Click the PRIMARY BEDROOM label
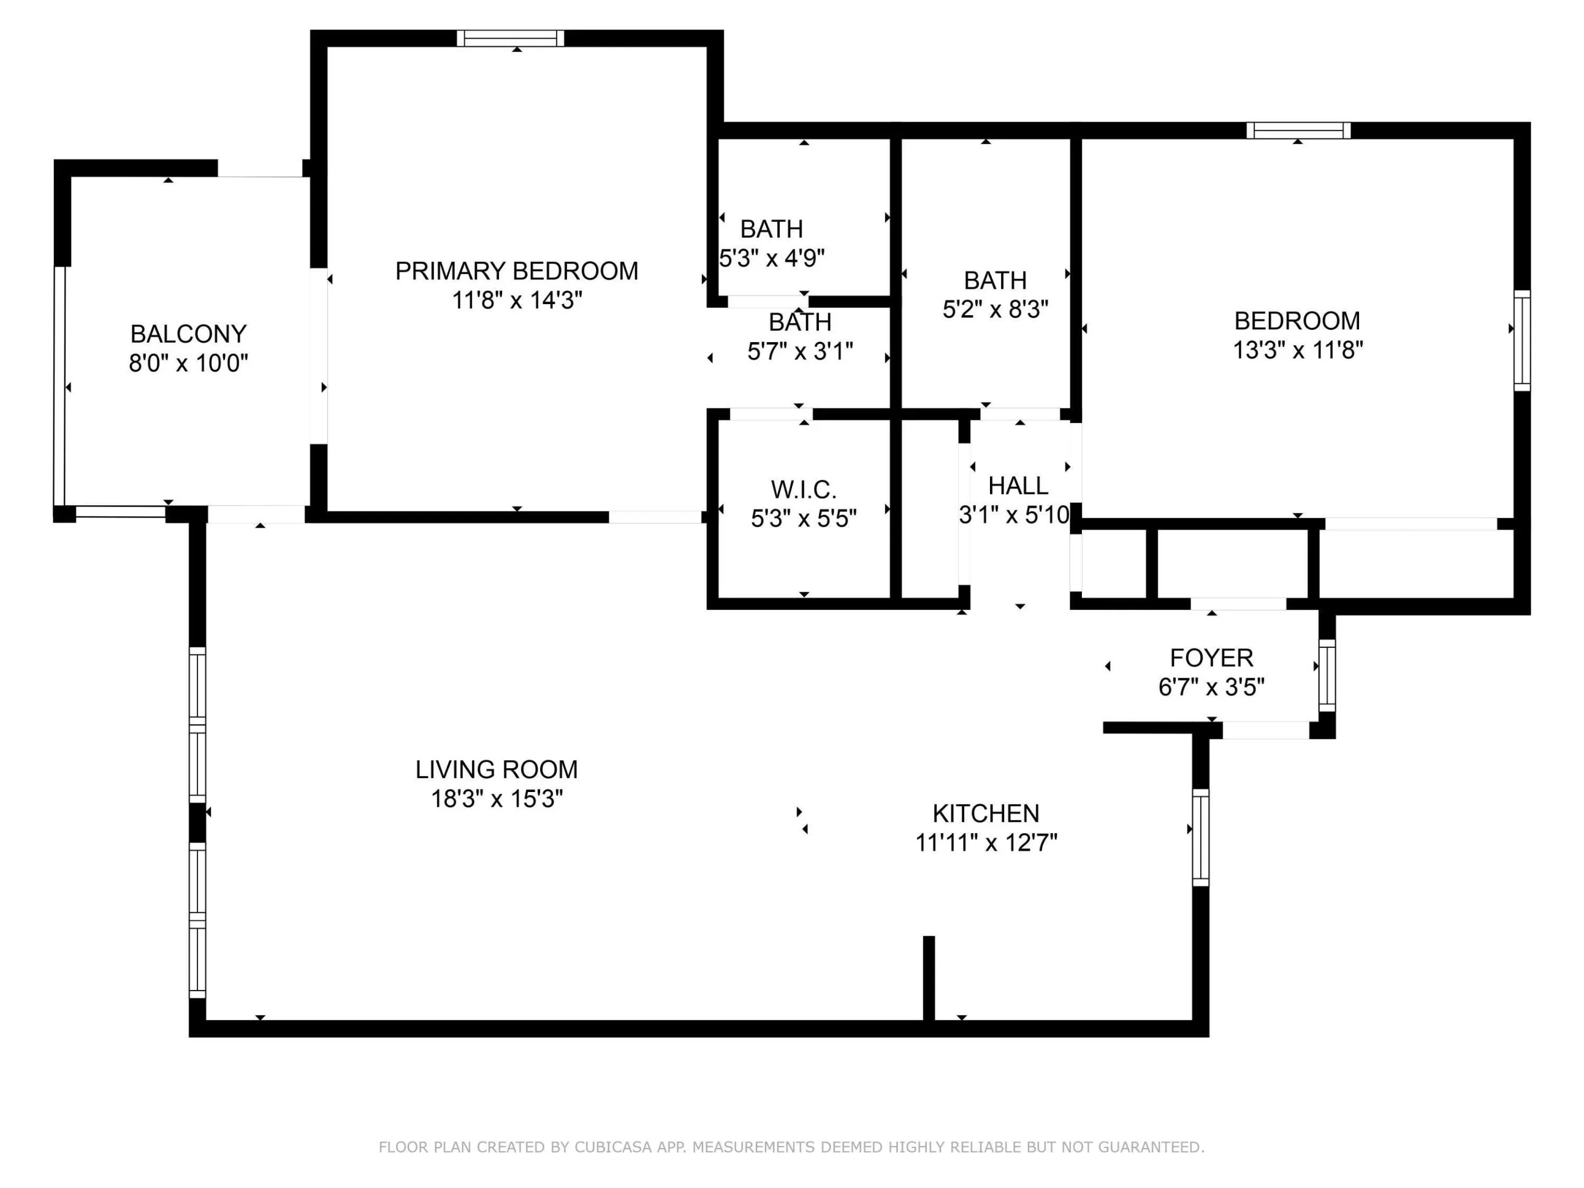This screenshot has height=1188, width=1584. coord(516,271)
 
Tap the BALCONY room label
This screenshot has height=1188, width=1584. coord(188,334)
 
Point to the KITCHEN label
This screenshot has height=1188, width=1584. coord(986,813)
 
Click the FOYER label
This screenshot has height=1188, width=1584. coord(1211,657)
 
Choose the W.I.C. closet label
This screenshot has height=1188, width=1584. coord(804,490)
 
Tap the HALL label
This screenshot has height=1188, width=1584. coord(1018,486)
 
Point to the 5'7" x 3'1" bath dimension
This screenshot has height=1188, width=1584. coord(800,351)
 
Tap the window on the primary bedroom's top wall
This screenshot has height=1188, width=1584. coord(510,38)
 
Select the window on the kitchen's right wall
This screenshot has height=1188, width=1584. coord(1200,837)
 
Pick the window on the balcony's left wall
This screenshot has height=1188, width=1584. coord(60,387)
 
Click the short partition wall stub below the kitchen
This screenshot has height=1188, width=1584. coord(929,978)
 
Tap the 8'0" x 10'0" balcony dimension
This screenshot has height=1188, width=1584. coord(188,363)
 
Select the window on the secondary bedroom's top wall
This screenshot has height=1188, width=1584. coord(1299,130)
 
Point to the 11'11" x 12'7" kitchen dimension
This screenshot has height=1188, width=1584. coord(986,843)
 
